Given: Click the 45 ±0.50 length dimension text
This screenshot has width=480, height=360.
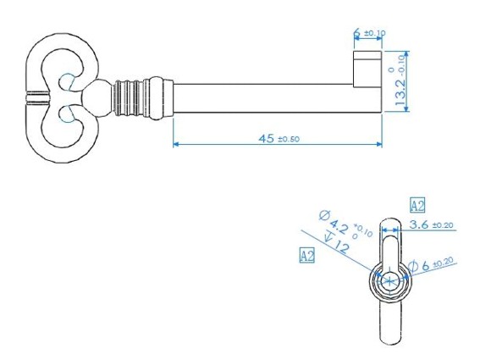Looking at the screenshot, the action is point(279,139).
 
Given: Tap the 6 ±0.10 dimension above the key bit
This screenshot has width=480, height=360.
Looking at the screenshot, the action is point(369,32).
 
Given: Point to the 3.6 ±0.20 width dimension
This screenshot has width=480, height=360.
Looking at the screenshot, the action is point(432,224).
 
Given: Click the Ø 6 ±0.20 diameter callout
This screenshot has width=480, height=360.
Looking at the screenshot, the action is point(431,265).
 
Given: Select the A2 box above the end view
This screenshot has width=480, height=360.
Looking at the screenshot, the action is point(417,205).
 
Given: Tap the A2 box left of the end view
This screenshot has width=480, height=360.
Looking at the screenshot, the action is point(306,255).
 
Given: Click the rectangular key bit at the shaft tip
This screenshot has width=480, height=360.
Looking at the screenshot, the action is point(367,69).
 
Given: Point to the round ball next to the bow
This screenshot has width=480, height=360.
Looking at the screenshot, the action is point(97,97).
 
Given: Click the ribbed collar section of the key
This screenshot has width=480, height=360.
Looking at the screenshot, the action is point(128,98).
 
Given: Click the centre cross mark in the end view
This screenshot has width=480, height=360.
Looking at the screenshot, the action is point(389,280).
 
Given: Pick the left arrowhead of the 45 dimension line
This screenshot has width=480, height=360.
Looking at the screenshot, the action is point(176,144).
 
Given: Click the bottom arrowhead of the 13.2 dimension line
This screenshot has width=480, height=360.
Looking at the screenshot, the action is point(406,108).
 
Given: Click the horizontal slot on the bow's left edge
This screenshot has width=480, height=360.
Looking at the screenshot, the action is point(37,97).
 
